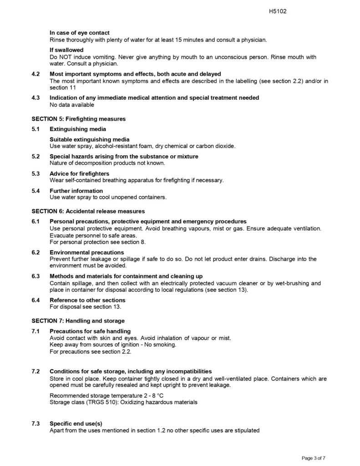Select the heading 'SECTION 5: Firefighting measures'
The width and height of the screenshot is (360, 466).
coord(78,119)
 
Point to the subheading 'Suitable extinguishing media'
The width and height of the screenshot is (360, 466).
coord(89,139)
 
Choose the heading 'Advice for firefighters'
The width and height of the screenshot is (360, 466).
coord(79,173)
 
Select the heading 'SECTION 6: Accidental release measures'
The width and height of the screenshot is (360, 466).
coord(88,211)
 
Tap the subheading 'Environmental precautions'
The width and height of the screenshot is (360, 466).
coord(86,252)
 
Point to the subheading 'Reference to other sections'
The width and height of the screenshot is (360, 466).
coord(87,300)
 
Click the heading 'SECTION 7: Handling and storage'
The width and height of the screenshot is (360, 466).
coord(78,321)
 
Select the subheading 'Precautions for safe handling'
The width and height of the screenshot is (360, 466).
coord(90,331)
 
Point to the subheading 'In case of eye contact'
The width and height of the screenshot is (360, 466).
coord(79,33)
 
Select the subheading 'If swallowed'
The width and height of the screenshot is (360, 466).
coord(66,50)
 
